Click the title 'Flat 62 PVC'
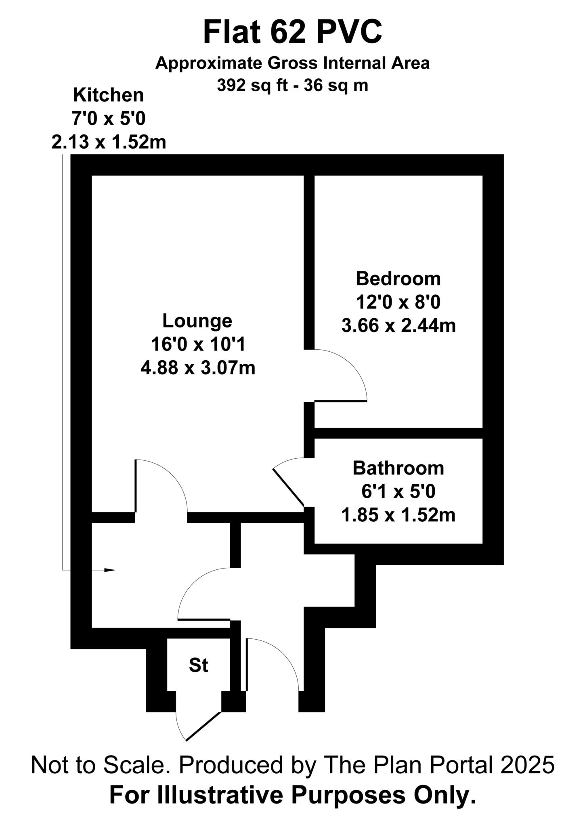(x=292, y=32)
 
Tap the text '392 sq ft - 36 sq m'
(x=292, y=86)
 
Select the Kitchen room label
(x=108, y=95)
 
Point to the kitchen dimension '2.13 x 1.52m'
(x=109, y=142)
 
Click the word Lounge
(x=197, y=321)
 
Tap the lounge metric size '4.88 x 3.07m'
(x=198, y=368)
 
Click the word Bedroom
(x=398, y=279)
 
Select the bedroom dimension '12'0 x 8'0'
(x=398, y=302)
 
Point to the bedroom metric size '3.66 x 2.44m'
(x=398, y=325)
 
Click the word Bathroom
(x=398, y=468)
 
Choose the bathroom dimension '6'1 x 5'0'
(x=398, y=492)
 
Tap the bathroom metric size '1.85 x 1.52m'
(x=398, y=515)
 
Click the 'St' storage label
(x=198, y=665)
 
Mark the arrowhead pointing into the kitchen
(x=110, y=570)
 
